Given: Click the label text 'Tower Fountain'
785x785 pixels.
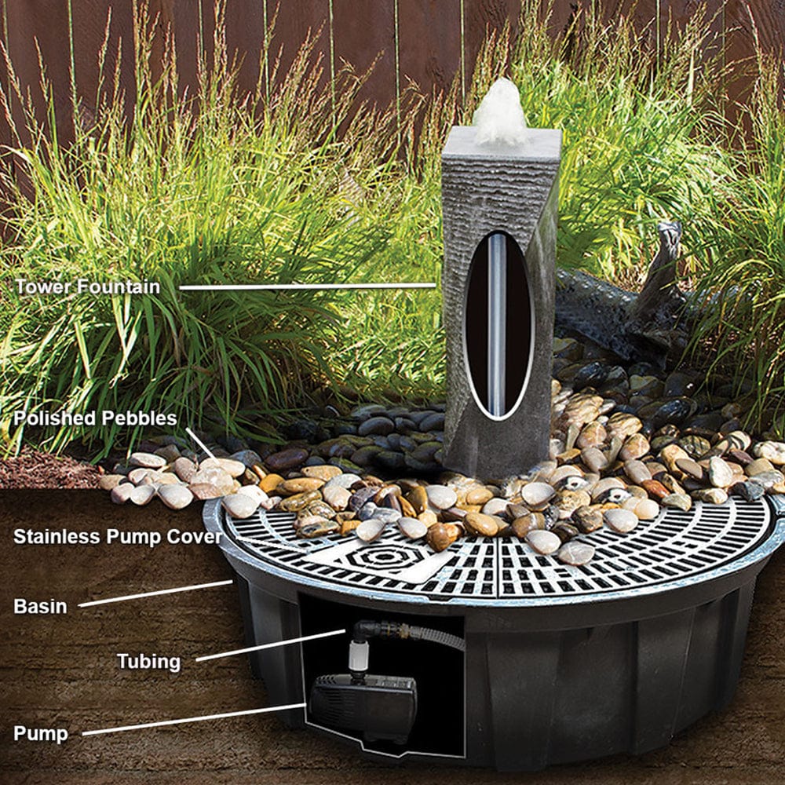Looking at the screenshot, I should coord(87,287).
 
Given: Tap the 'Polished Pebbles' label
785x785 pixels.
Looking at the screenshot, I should coord(95,418).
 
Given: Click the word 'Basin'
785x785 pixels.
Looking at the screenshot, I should coord(39,606).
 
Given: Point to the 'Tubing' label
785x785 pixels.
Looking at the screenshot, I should coord(148,661).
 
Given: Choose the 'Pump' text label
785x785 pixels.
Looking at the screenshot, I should coord(40,734).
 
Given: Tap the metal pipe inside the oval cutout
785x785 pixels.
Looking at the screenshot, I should coord(496,322).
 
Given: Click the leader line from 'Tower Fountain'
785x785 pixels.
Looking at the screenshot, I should coord(306,287).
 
